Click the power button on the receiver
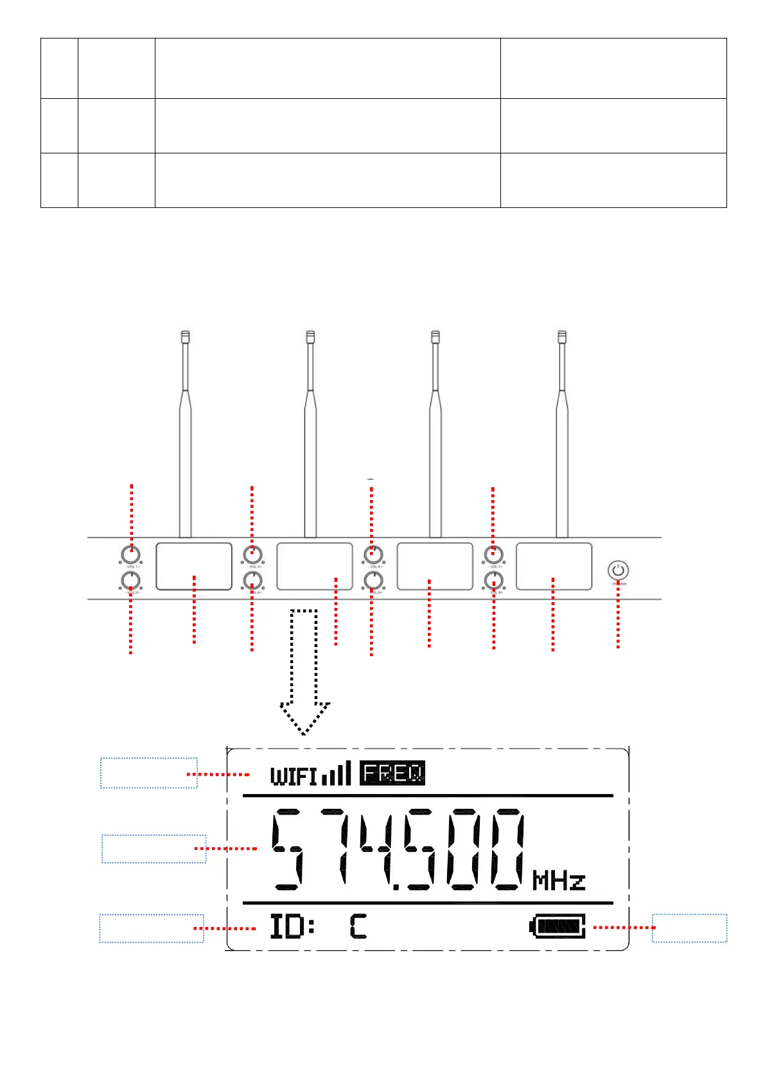coord(618,570)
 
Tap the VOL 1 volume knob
coord(131,554)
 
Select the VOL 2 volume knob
coord(130,581)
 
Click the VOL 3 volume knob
coord(252,554)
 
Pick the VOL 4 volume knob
coord(252,581)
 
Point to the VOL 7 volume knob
coord(493,554)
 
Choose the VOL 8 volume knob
coord(493,581)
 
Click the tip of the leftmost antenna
coord(185,336)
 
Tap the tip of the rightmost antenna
coord(562,336)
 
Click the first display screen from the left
coord(194,566)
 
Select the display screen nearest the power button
coord(554,566)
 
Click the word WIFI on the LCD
coord(294,776)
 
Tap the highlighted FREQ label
coord(392,773)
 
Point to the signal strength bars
coord(337,774)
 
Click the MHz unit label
coord(559,881)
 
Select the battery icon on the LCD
coord(558,927)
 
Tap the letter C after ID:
coord(358,927)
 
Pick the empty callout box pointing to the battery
coord(689,928)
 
